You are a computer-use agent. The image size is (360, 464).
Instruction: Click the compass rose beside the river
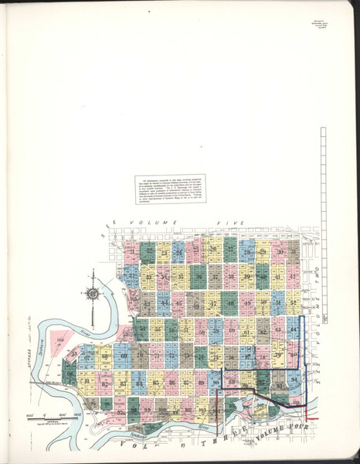(93, 292)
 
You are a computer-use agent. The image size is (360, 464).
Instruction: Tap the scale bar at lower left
(46, 418)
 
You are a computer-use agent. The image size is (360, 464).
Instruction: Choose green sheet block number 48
(231, 304)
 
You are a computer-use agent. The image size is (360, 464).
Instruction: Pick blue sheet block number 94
(294, 381)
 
